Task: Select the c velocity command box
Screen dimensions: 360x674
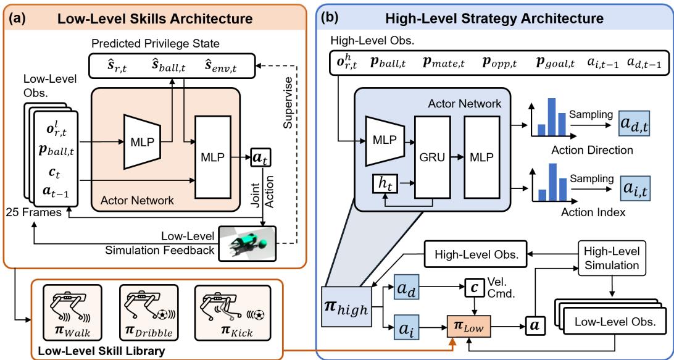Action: click(473, 288)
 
